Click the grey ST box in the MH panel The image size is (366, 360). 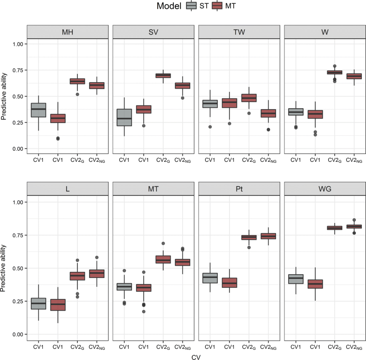coord(38,110)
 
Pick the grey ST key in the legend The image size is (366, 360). coord(190,6)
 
